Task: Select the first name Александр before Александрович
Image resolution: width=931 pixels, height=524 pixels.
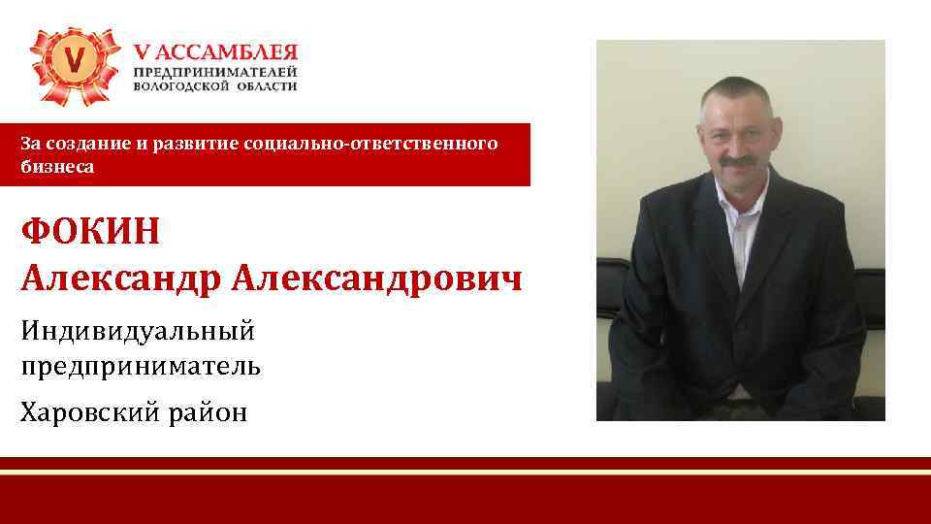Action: tap(121, 278)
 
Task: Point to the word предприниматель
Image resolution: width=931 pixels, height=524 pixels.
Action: tap(141, 367)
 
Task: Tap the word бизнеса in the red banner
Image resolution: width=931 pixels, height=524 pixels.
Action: tap(58, 167)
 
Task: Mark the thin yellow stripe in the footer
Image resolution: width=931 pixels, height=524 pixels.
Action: tap(465, 473)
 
